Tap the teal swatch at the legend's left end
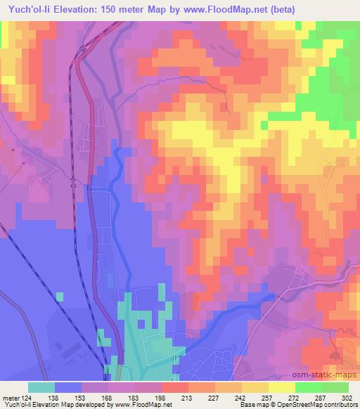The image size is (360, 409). tap(41, 387)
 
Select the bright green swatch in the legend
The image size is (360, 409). tap(308, 387)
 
